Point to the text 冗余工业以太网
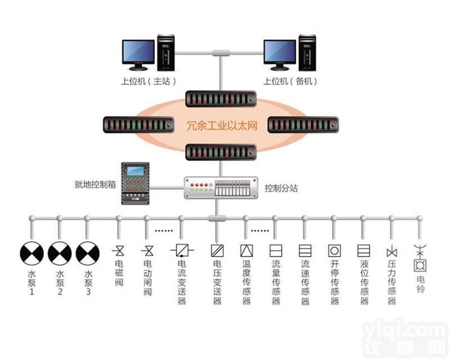pos(222,125)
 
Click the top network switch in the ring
pos(221,99)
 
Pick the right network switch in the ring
pos(303,124)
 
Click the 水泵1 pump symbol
pos(31,254)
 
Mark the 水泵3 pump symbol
pos(87,254)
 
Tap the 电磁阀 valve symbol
pos(119,249)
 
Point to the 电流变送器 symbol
pos(182,249)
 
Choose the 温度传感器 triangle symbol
pos(246,250)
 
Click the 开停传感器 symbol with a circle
pos(334,250)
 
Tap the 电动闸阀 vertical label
pos(148,279)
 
